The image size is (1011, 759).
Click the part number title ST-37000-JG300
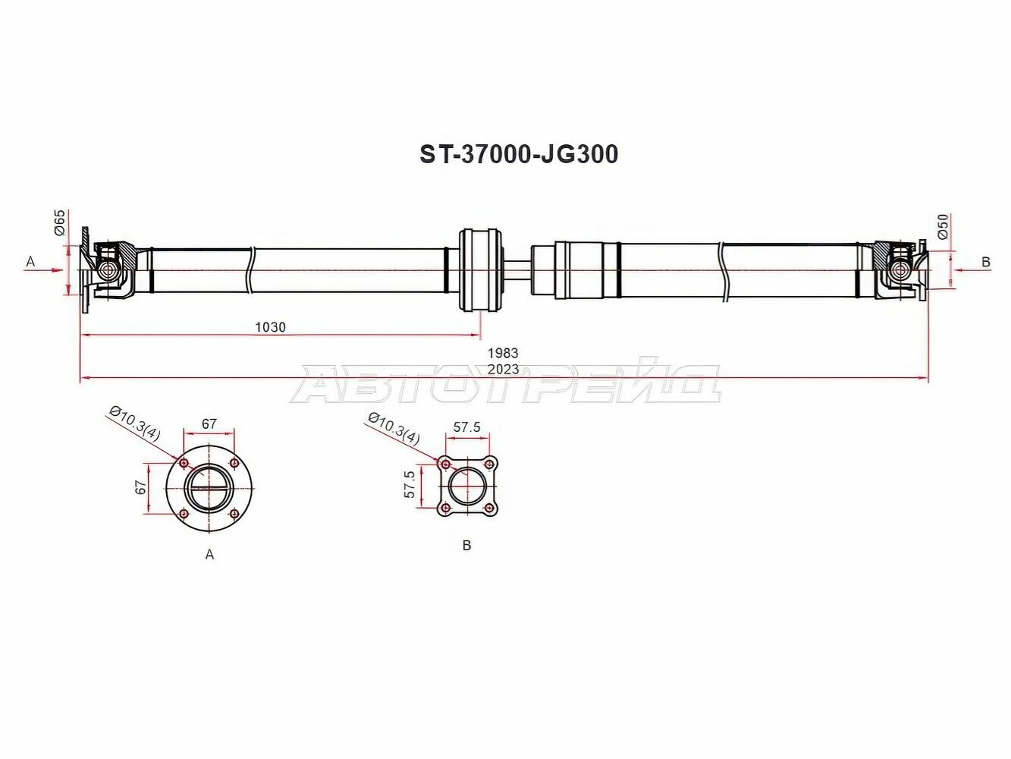(519, 155)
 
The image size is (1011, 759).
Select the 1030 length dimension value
(270, 327)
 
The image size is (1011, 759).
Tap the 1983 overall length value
(502, 353)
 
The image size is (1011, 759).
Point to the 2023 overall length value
(502, 369)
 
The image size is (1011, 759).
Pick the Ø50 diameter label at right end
(943, 226)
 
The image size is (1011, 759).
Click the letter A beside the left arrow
(30, 262)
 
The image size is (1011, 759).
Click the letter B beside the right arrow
(986, 262)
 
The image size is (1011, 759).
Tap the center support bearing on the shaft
(481, 269)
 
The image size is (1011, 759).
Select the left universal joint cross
(108, 269)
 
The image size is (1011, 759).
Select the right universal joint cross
(901, 269)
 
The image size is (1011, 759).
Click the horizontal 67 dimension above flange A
(209, 424)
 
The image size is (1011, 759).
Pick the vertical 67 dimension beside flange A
(141, 487)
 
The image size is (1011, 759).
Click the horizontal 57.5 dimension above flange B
(466, 427)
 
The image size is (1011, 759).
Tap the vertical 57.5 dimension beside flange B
(410, 484)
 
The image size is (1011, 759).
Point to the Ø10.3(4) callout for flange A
(135, 423)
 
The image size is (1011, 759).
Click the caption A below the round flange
(209, 555)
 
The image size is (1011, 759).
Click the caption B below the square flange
(466, 545)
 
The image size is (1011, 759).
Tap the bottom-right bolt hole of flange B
(490, 508)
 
